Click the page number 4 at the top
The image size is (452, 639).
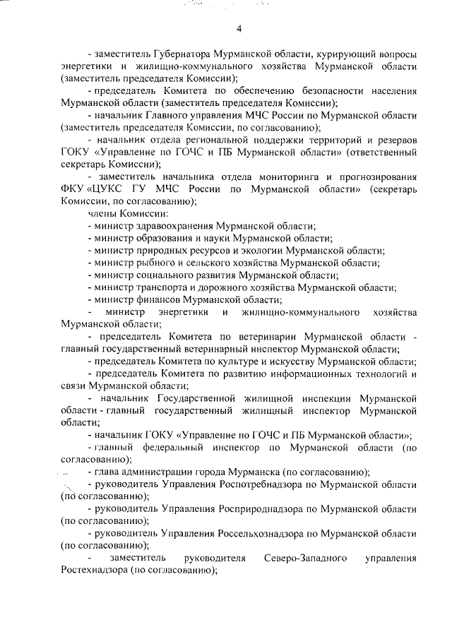tap(239, 29)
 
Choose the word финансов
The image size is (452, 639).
tap(160, 299)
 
